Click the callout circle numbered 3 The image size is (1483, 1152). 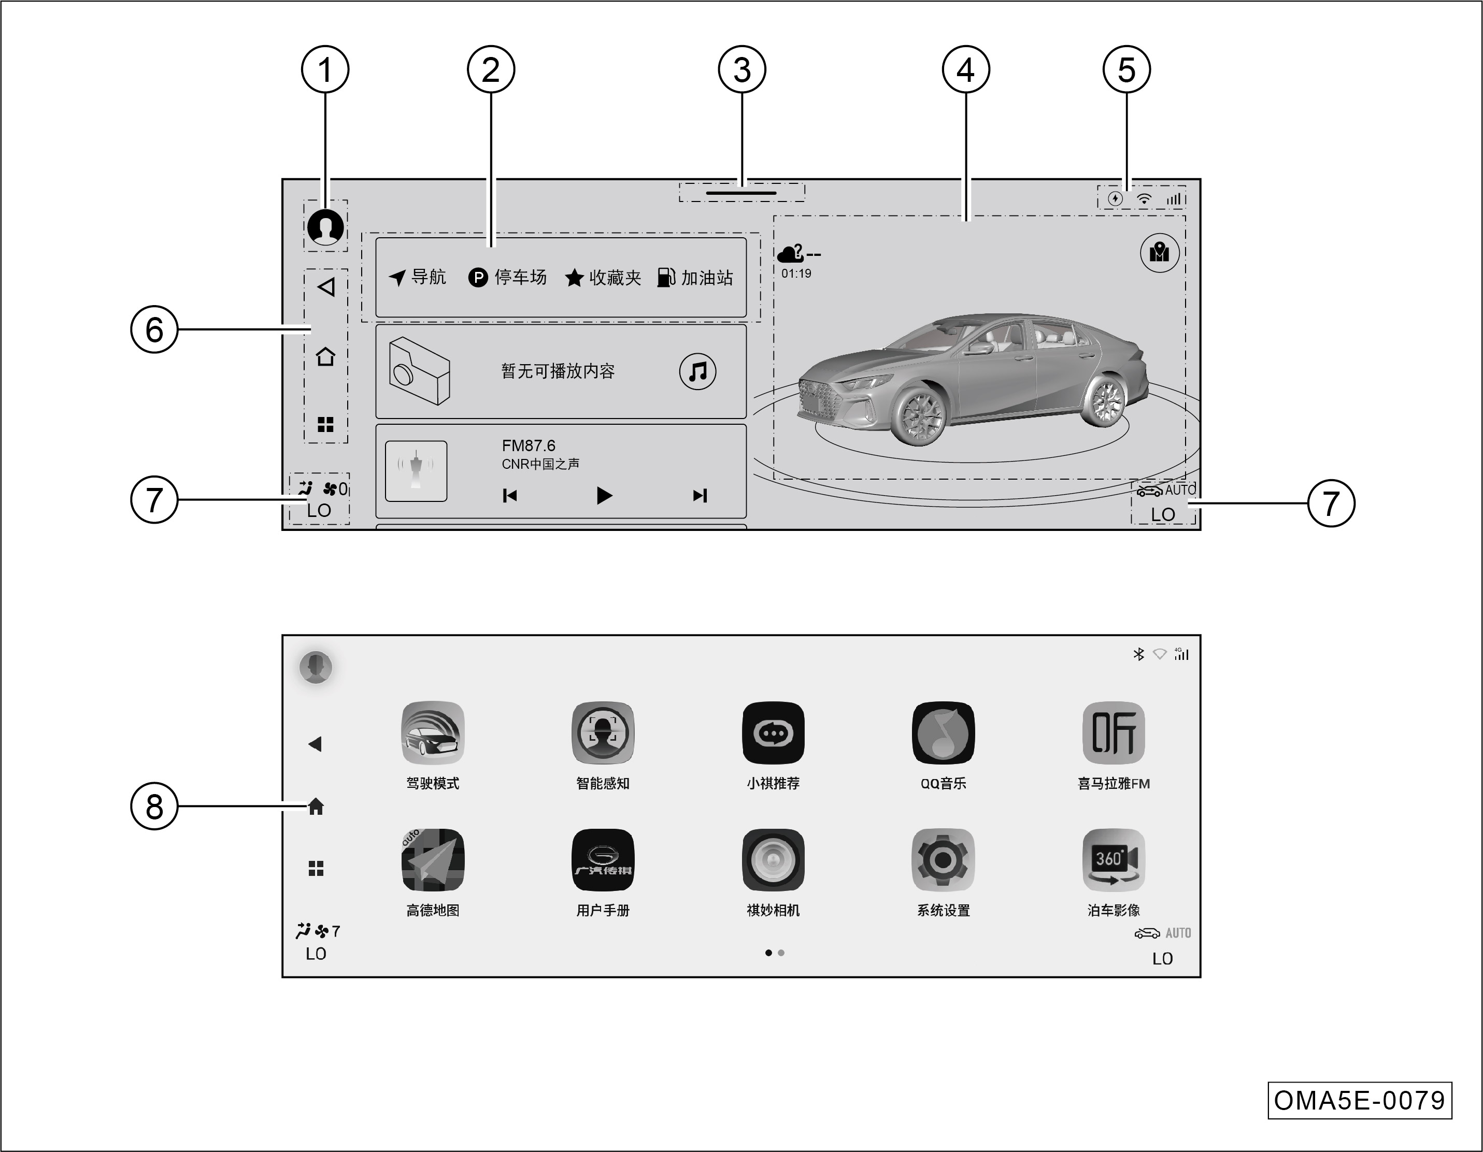742,69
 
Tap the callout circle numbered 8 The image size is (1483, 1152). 154,807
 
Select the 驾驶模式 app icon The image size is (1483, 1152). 433,732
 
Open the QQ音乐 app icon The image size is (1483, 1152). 943,732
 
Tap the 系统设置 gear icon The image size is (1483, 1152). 943,859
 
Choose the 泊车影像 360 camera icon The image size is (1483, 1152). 1114,859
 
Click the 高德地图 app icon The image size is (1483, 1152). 433,859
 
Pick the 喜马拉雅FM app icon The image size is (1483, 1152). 1114,732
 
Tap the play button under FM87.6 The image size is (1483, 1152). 604,496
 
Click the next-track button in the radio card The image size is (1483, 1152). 700,496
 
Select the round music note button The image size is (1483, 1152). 697,371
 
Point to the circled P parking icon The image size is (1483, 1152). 478,277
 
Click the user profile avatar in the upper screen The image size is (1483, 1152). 325,226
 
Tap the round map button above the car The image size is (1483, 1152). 1160,253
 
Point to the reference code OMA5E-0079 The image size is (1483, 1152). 1360,1100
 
